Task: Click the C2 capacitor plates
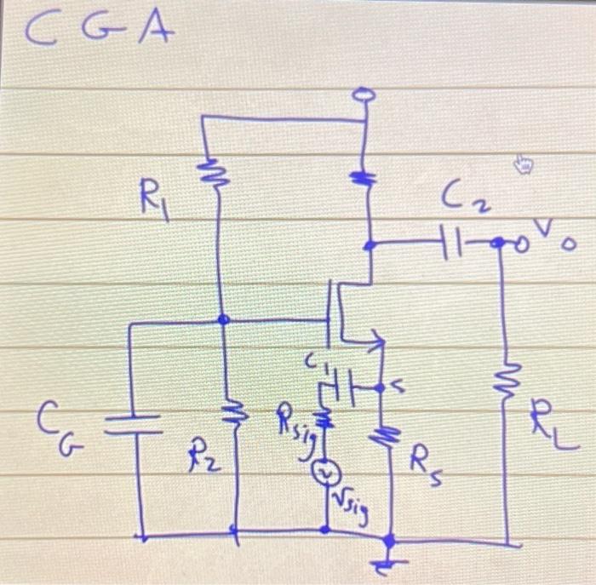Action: [x=449, y=244]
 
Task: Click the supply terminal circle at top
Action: [x=364, y=97]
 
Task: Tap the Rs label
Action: [x=426, y=465]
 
